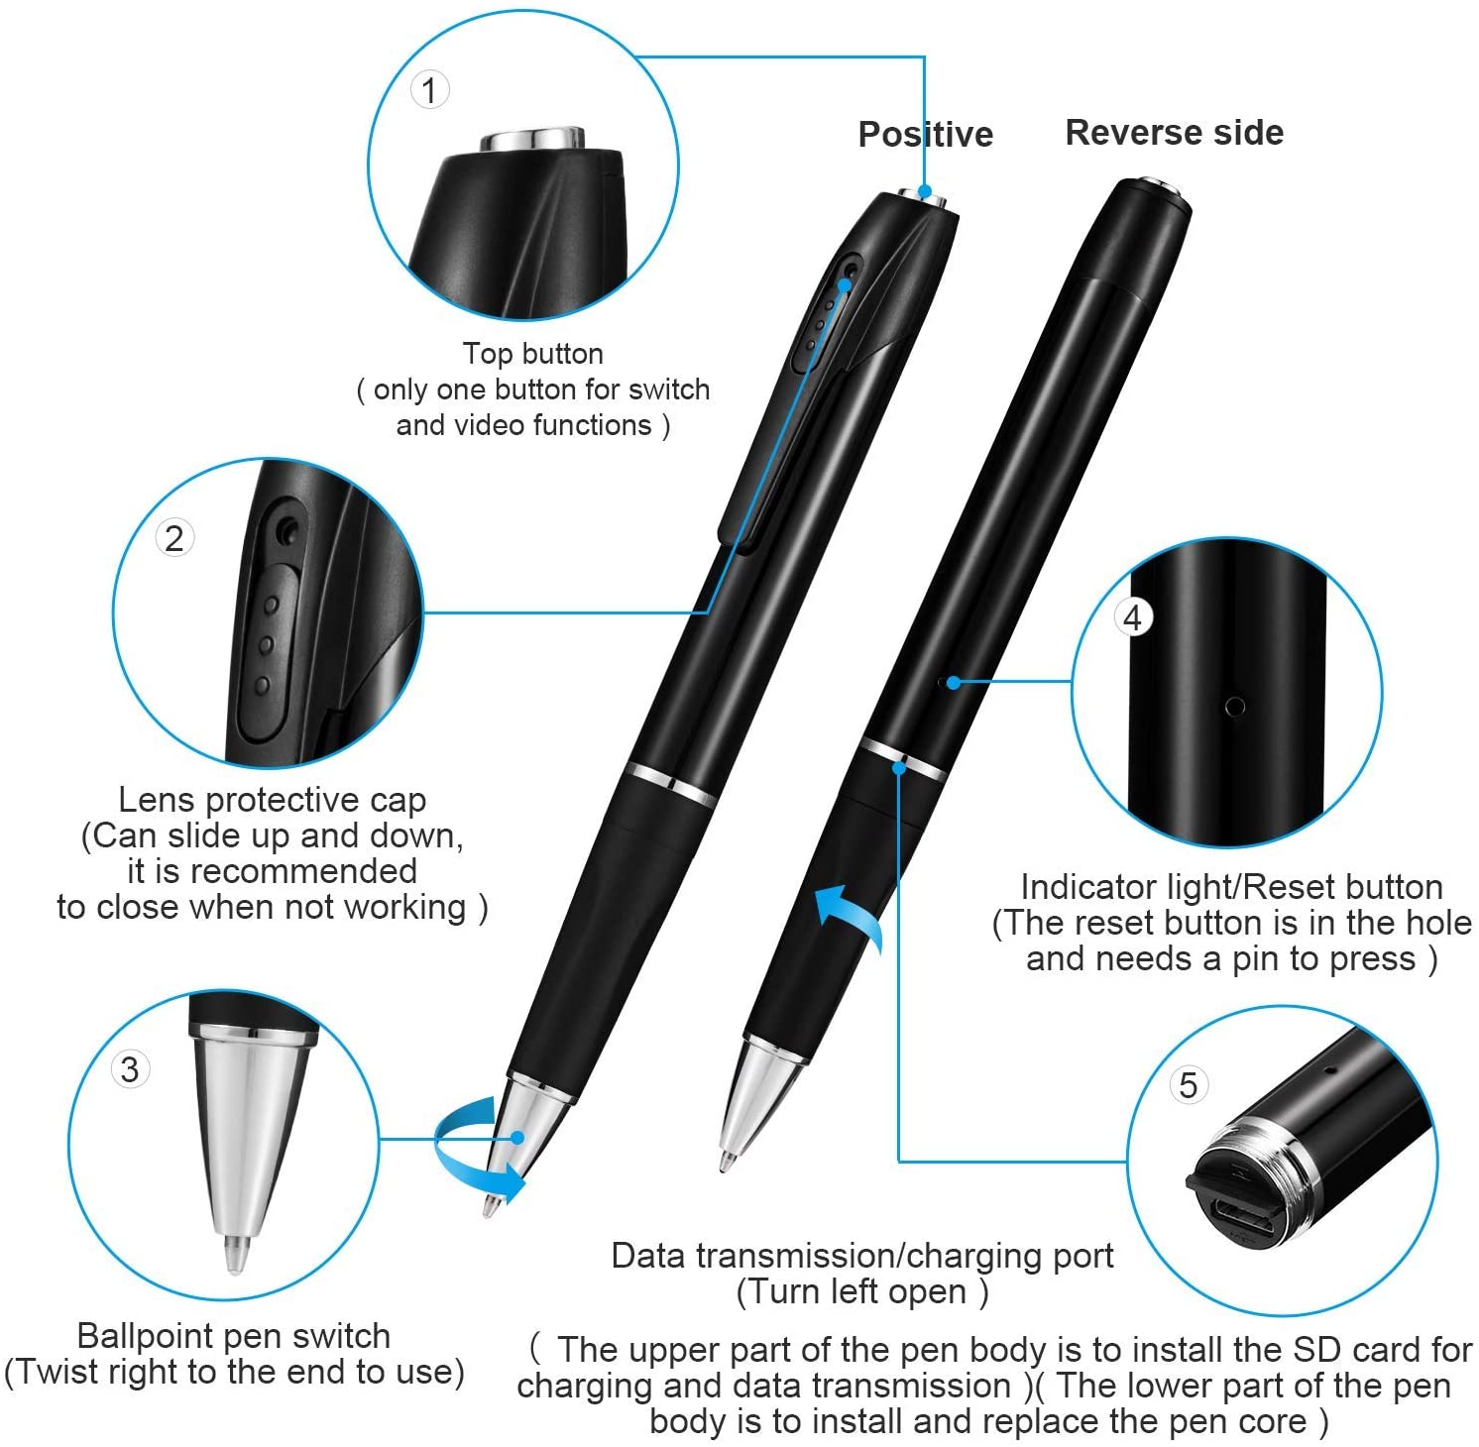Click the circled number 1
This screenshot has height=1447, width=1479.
pos(429,90)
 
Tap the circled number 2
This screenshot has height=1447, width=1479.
pos(174,538)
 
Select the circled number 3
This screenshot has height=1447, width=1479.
pos(130,1069)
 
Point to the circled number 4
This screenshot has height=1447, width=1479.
pos(1133,617)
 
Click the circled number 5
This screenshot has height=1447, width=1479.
pos(1188,1084)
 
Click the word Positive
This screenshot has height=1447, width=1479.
pos(925,134)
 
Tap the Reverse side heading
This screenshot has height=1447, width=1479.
pos(1174,132)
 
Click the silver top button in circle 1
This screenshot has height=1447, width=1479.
pos(533,139)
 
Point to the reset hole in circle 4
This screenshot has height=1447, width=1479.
pos(1234,707)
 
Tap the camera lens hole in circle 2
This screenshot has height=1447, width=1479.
pos(287,531)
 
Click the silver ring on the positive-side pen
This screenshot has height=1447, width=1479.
pos(670,784)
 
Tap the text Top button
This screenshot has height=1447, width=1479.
pos(532,354)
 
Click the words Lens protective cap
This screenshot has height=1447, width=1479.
pos(272,799)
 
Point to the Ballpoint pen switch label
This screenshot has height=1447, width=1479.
pos(233,1335)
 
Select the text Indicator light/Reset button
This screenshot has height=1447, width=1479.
pos(1231,886)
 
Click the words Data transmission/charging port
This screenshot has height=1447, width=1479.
pos(861,1256)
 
